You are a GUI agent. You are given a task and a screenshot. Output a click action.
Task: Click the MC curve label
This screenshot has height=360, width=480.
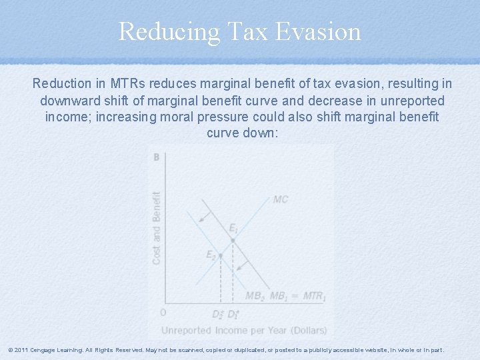(x=281, y=199)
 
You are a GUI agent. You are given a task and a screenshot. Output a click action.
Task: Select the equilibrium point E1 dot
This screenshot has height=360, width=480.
(x=232, y=240)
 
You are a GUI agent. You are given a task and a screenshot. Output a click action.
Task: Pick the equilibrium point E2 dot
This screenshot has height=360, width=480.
(x=220, y=255)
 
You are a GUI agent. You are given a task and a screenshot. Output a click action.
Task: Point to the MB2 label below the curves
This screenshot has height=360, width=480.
(x=255, y=296)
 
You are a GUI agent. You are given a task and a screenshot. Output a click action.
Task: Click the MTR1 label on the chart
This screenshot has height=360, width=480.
(x=314, y=296)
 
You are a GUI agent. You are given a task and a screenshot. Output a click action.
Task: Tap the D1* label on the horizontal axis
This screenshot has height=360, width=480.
(x=233, y=313)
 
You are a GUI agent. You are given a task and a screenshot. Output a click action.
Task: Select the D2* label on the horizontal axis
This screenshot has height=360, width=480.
(x=217, y=313)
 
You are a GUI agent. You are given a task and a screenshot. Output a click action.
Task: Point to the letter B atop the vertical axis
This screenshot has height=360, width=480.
(x=156, y=157)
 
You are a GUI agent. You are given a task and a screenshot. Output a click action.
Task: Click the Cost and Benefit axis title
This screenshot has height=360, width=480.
(x=157, y=228)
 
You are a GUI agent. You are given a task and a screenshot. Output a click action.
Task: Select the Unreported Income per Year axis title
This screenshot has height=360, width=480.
(x=243, y=330)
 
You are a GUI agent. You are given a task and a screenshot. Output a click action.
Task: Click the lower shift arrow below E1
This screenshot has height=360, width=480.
(x=245, y=265)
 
